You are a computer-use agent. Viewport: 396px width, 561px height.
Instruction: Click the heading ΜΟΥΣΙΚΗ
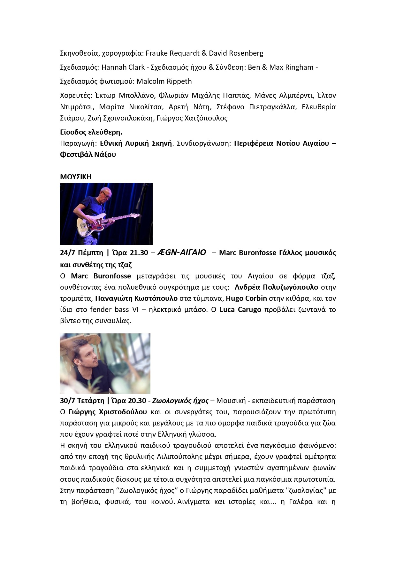(76, 177)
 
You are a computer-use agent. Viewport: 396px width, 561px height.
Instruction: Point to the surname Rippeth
(179, 81)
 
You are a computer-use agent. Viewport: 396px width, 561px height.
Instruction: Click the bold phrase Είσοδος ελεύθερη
(91, 132)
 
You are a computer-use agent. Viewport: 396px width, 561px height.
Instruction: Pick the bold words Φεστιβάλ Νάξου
(88, 155)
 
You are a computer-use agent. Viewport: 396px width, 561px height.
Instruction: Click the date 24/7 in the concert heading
(67, 253)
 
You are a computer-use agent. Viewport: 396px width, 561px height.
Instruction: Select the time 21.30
(139, 253)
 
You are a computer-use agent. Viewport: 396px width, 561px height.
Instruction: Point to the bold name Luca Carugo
(240, 309)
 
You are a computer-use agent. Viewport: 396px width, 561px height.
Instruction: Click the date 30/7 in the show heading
(67, 401)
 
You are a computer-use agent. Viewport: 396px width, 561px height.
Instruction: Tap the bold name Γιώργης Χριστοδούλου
(108, 412)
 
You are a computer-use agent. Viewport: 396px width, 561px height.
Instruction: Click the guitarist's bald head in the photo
(105, 192)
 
